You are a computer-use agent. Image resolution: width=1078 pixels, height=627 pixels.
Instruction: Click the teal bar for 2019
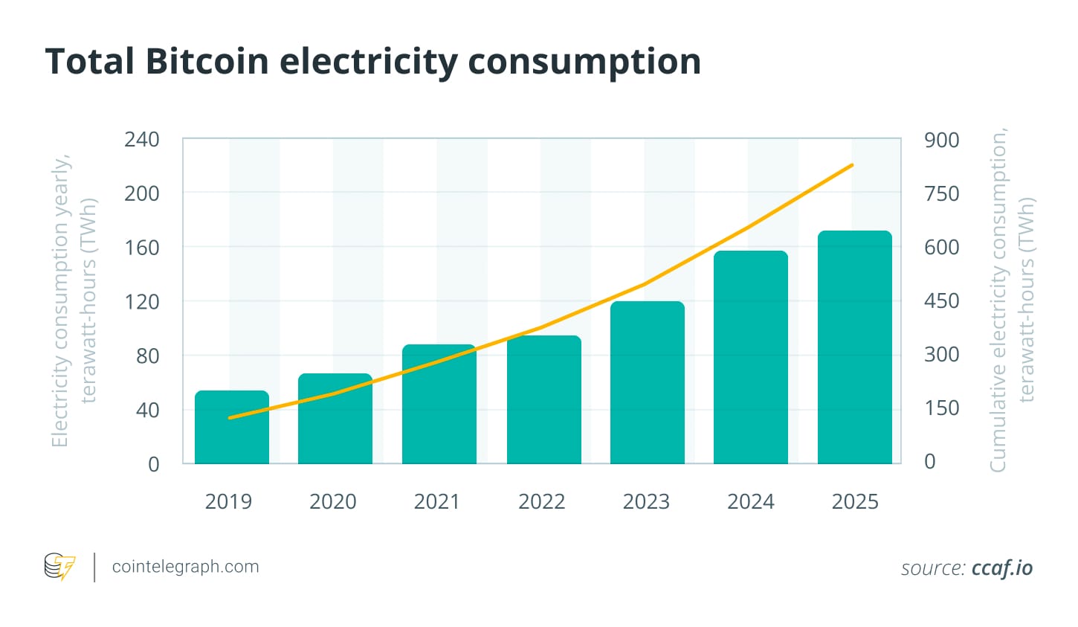click(232, 427)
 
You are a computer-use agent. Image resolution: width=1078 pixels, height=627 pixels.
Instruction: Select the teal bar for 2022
click(543, 399)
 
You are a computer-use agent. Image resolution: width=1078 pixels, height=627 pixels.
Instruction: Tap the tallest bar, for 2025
click(854, 347)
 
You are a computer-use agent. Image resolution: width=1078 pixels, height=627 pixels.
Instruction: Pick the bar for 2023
click(647, 382)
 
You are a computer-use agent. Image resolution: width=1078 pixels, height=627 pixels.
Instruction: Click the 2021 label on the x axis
click(436, 501)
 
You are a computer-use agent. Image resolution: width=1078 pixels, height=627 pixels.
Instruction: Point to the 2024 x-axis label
click(750, 501)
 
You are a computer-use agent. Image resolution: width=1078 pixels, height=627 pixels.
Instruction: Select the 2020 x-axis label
click(332, 501)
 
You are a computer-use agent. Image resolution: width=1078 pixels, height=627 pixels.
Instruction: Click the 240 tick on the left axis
click(141, 139)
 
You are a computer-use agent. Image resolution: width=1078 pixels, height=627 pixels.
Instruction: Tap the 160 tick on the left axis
click(141, 247)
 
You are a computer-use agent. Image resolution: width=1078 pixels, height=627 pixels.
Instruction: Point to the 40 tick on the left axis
click(147, 410)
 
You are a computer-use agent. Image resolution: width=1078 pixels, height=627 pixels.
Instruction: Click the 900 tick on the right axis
click(941, 140)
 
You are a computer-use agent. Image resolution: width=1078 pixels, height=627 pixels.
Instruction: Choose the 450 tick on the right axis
click(941, 300)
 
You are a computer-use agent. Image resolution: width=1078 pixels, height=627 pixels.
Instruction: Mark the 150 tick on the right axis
click(941, 408)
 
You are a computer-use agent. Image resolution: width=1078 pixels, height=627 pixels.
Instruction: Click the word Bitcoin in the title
click(207, 61)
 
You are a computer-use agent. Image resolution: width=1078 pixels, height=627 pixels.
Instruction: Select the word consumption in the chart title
click(584, 62)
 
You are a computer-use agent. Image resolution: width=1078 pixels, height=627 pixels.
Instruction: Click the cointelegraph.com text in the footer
click(185, 567)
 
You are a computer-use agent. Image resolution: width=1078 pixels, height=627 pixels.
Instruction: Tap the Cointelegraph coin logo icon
click(59, 567)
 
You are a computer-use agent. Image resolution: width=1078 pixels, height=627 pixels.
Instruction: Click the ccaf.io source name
click(1001, 568)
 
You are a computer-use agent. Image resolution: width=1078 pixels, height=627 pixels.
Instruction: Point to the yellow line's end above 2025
click(852, 165)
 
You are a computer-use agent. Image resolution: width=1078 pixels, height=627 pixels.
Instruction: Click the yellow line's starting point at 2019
click(230, 418)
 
